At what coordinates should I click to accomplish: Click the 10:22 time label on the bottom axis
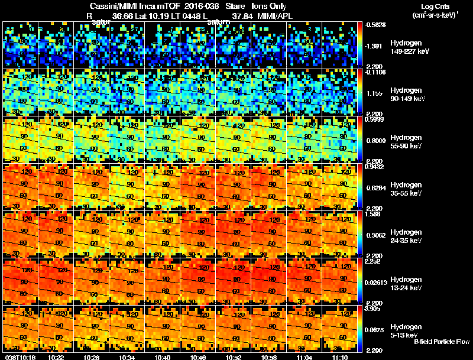tap(56, 357)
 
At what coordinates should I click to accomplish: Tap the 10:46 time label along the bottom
tap(197, 357)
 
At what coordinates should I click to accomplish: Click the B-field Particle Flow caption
tap(442, 342)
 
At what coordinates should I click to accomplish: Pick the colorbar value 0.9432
tap(374, 166)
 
